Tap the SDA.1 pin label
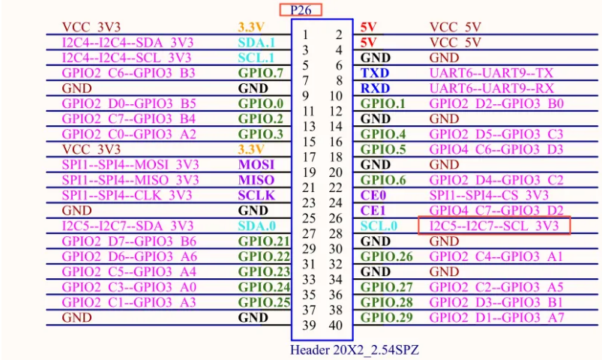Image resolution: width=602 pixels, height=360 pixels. coord(256,43)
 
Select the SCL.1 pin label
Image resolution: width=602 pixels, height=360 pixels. coord(256,58)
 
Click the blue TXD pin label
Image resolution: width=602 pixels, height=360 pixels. coord(375,73)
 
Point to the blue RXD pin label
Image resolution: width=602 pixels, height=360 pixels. coord(376,88)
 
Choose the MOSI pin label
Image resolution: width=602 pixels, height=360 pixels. coord(256,164)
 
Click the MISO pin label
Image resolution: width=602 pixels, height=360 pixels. coord(256,180)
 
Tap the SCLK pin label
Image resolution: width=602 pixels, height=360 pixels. coord(256,195)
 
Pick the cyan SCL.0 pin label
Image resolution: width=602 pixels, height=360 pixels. coord(379,226)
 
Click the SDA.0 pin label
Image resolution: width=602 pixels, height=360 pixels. coord(256,226)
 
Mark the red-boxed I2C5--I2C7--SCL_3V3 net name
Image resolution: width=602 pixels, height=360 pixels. coord(494,226)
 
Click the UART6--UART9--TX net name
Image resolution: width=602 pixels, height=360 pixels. coord(491,73)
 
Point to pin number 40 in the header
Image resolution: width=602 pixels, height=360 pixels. coord(335,325)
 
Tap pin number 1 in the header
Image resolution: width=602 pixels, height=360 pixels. coord(306,34)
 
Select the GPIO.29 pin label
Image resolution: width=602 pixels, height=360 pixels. coord(387,317)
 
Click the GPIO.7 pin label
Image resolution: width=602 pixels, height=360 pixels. coord(260,73)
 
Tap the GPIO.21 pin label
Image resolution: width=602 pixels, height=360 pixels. coord(264,241)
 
